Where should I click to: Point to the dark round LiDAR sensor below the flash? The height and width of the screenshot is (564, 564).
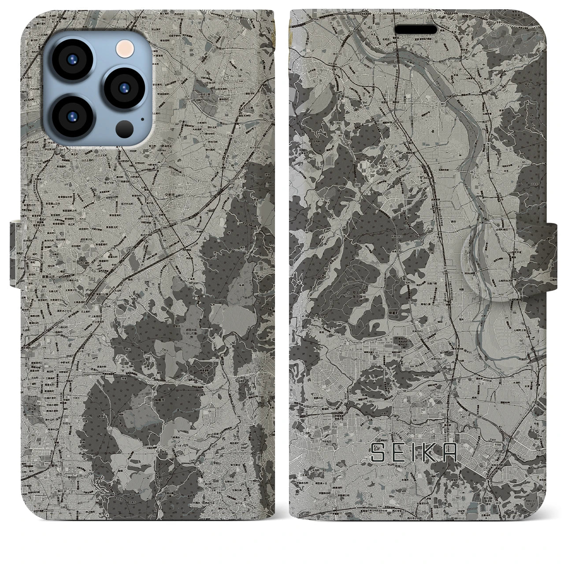(x=122, y=128)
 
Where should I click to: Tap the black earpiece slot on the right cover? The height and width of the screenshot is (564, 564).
(x=416, y=30)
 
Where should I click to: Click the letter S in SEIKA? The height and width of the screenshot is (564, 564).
(x=378, y=453)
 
